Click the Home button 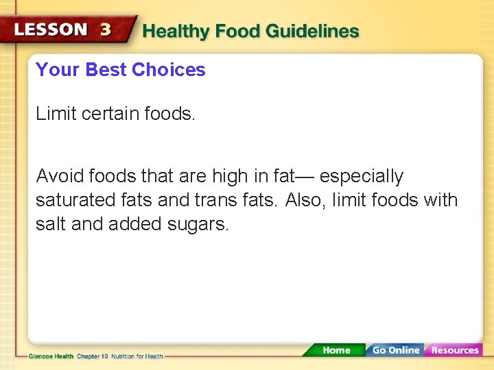(x=336, y=350)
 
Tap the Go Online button (x=395, y=350)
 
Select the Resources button (x=454, y=350)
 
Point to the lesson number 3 (x=106, y=30)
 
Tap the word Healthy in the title (x=176, y=32)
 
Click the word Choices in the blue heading (x=169, y=70)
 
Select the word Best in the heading (x=106, y=70)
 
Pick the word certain (x=110, y=114)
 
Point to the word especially (x=361, y=177)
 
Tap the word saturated (x=75, y=201)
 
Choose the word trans (x=215, y=201)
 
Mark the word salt (x=51, y=224)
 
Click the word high (x=231, y=177)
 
